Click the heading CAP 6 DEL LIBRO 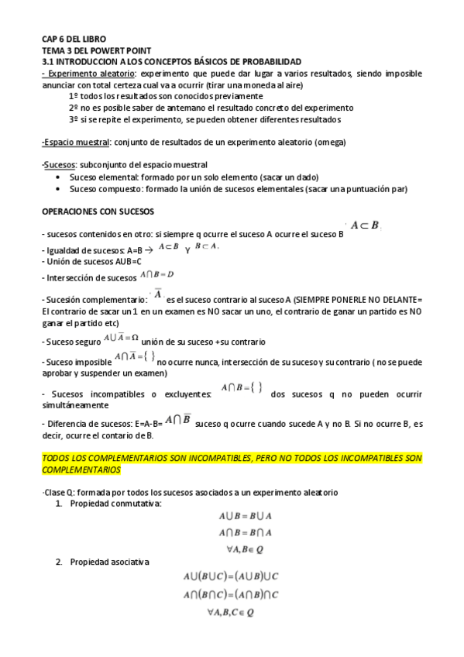(74, 38)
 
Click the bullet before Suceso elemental (60, 177)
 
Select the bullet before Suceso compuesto (60, 188)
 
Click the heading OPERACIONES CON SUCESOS (98, 211)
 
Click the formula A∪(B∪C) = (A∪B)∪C (231, 577)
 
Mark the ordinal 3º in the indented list (74, 120)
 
